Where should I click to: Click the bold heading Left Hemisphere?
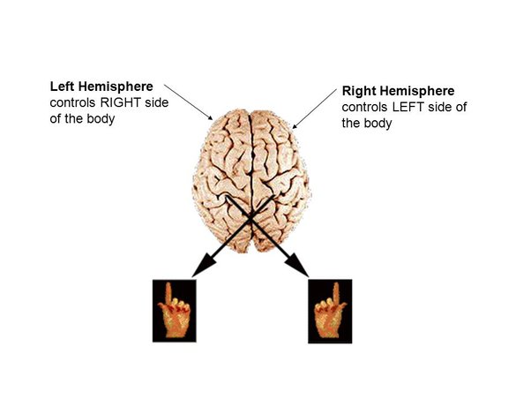click(x=101, y=87)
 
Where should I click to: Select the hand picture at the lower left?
click(x=174, y=311)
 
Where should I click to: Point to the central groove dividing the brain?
click(x=253, y=159)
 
